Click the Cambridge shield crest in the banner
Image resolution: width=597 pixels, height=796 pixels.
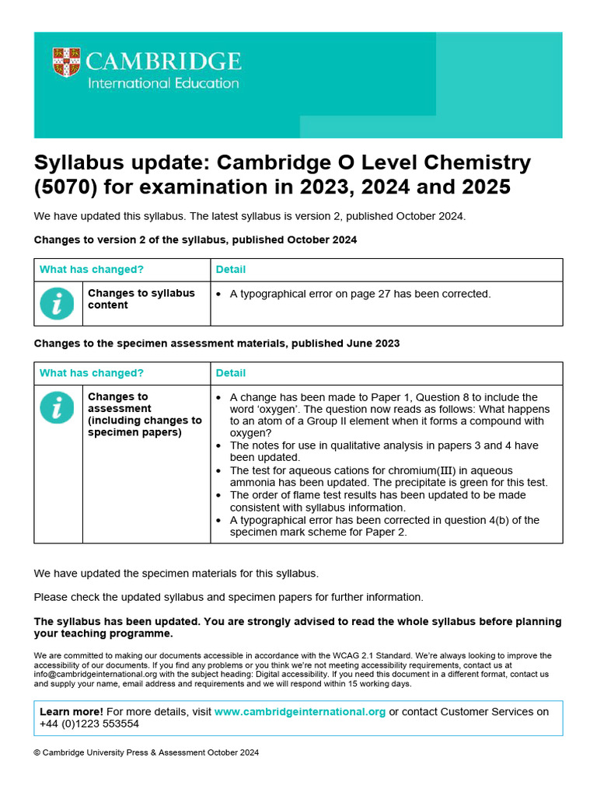(x=67, y=63)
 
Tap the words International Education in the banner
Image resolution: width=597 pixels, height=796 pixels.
(x=163, y=82)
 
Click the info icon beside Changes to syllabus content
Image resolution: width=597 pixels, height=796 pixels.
(x=58, y=303)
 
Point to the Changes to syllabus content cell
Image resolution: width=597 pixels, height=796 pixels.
(x=141, y=299)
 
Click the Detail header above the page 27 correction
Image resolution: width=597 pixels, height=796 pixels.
(x=231, y=270)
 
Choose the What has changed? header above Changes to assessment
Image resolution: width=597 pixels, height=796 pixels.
(x=92, y=373)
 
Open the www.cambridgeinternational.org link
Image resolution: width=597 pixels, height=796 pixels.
(x=300, y=712)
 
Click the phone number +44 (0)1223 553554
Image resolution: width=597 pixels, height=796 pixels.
(x=89, y=724)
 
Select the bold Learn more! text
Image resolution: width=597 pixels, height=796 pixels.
(x=71, y=712)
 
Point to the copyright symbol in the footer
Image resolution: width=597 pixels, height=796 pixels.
(x=37, y=752)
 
